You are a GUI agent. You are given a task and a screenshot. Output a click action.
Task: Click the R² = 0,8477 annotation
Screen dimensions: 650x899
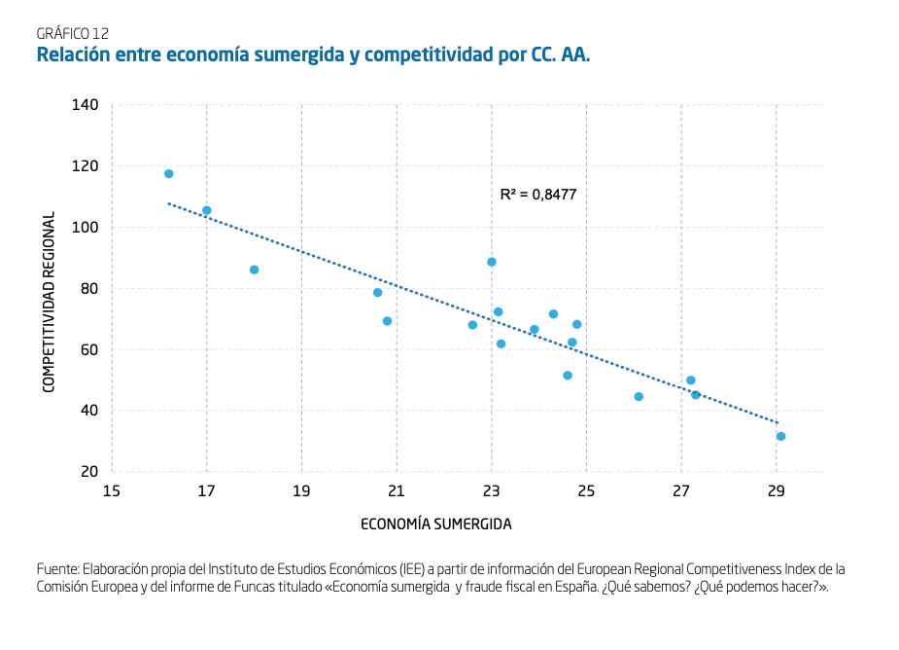pyautogui.click(x=537, y=195)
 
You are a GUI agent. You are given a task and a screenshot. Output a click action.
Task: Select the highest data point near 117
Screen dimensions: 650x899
pyautogui.click(x=169, y=174)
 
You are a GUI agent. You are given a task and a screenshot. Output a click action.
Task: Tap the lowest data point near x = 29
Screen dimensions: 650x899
pyautogui.click(x=780, y=437)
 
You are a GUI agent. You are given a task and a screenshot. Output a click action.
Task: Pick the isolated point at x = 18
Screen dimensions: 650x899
pyautogui.click(x=254, y=270)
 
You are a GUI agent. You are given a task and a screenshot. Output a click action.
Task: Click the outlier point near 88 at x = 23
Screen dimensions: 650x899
pyautogui.click(x=492, y=262)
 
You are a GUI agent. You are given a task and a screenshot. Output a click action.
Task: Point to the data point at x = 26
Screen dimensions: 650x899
pyautogui.click(x=639, y=397)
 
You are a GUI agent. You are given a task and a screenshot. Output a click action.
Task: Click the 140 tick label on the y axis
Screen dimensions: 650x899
pyautogui.click(x=86, y=104)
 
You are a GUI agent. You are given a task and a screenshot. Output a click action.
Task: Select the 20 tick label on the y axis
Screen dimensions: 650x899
pyautogui.click(x=89, y=472)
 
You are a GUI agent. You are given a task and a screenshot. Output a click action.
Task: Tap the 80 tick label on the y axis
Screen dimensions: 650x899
pyautogui.click(x=89, y=288)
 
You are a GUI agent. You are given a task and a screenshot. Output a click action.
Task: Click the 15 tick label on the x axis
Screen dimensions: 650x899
pyautogui.click(x=112, y=490)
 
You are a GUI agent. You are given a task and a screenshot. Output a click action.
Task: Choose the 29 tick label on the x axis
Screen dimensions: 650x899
pyautogui.click(x=776, y=490)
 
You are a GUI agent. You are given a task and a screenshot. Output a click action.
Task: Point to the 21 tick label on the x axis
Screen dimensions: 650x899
pyautogui.click(x=397, y=490)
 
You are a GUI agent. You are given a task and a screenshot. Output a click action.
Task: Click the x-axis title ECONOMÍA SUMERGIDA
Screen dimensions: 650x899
pyautogui.click(x=436, y=524)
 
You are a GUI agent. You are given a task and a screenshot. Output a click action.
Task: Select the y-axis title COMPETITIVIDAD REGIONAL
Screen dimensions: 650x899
pyautogui.click(x=48, y=302)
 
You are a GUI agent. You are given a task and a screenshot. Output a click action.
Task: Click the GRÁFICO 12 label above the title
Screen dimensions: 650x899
pyautogui.click(x=72, y=33)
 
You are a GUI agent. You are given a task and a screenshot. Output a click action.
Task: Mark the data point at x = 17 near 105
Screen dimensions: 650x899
pyautogui.click(x=206, y=211)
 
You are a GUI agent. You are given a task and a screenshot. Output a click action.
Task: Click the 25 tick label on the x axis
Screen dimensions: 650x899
pyautogui.click(x=586, y=490)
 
